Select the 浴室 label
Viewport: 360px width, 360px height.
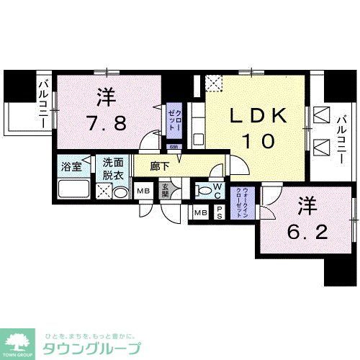pos(71,165)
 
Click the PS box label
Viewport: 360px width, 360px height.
pos(219,212)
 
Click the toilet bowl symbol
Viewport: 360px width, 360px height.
pos(205,191)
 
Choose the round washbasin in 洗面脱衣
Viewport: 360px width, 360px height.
pos(120,192)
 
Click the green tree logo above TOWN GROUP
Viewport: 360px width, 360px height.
pos(21,338)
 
